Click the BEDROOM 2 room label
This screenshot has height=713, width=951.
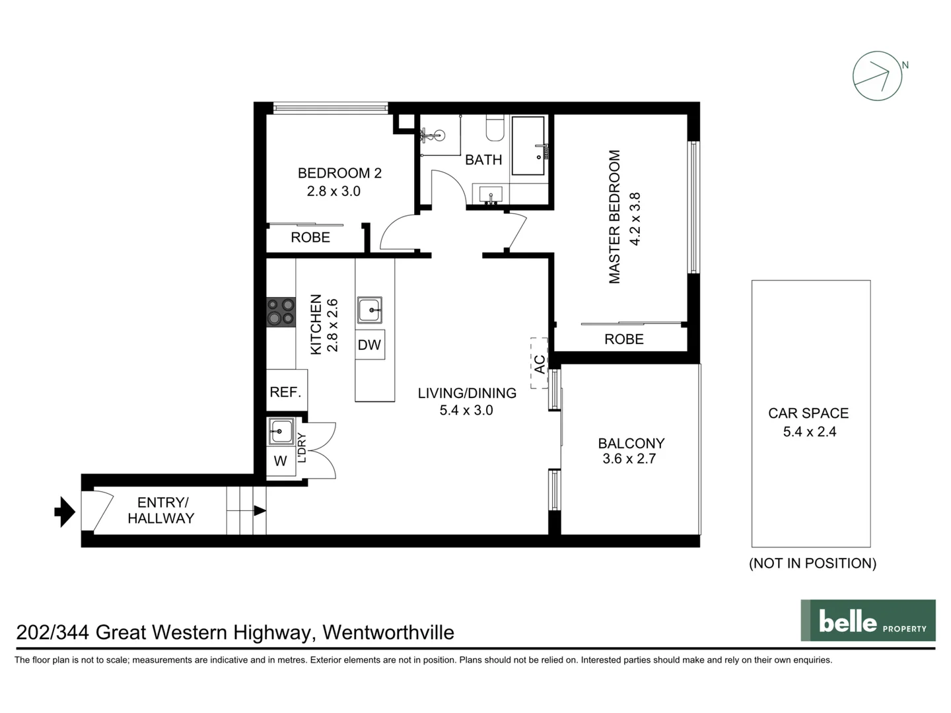(339, 173)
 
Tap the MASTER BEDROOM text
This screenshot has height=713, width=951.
(615, 217)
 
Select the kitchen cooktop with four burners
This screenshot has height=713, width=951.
(281, 312)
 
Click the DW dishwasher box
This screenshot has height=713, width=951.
(369, 345)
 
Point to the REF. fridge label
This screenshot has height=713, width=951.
(285, 392)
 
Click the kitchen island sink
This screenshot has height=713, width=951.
(369, 309)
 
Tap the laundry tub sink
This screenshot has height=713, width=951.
(281, 432)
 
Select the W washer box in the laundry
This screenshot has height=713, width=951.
(281, 461)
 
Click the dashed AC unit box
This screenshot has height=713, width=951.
(539, 363)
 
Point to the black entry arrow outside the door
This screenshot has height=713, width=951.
(65, 512)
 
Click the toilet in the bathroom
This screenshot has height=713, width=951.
(495, 128)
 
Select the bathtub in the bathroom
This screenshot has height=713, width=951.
(528, 146)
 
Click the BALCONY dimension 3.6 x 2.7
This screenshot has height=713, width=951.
(629, 459)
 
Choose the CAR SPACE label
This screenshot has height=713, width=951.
(808, 413)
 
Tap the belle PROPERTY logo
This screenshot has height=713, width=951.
(868, 621)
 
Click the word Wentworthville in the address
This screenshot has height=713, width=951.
(388, 632)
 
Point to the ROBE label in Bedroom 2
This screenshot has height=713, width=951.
(310, 238)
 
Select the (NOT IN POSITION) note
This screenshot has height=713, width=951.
(812, 563)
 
